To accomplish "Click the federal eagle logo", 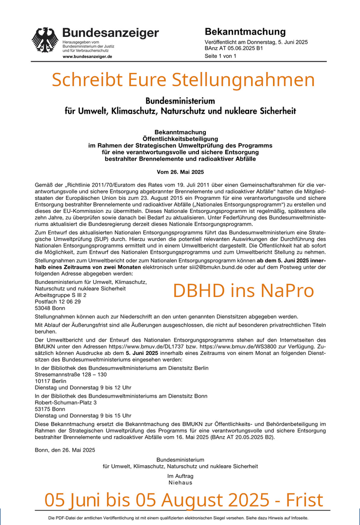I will tap(45, 40).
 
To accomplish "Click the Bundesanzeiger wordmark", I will tap(110, 33).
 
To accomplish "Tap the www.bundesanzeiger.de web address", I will tap(88, 56).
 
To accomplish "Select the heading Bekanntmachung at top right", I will tap(245, 32).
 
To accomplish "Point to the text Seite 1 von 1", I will tap(220, 56).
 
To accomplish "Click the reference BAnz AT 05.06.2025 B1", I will tap(234, 49).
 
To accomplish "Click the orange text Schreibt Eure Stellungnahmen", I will tap(183, 79).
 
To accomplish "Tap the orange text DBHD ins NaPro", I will tap(243, 290).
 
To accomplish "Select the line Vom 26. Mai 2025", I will tap(180, 172).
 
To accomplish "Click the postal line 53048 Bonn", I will tap(50, 308).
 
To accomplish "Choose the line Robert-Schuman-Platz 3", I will tap(66, 402).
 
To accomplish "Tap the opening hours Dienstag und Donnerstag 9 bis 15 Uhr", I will tap(83, 416).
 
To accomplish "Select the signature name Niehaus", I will tap(180, 482).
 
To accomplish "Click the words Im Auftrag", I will tap(180, 476).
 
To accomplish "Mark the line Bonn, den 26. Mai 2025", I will tap(65, 450).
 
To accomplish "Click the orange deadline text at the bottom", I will tap(183, 499).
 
